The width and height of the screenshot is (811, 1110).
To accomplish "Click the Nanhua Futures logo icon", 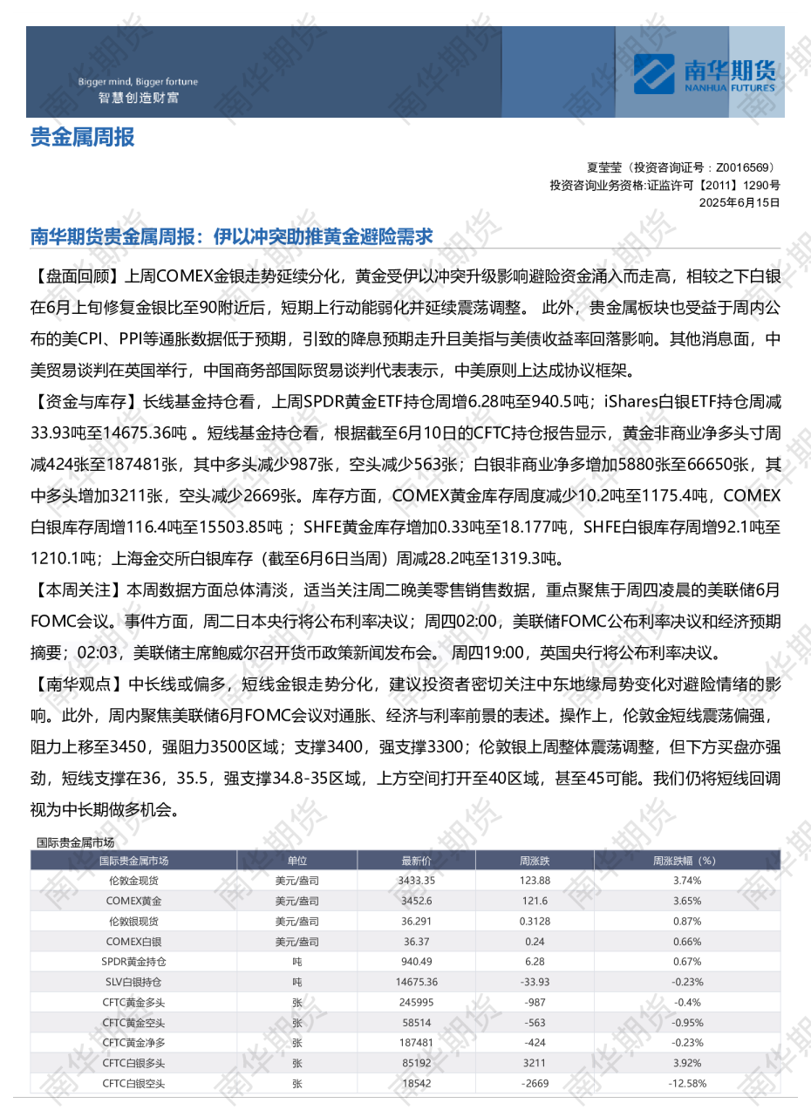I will click(657, 73).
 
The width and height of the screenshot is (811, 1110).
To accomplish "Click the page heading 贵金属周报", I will click(83, 137).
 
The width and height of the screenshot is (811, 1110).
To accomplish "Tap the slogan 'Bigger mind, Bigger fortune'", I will click(138, 82).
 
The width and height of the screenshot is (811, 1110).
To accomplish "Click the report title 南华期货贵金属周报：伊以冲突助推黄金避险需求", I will click(232, 236).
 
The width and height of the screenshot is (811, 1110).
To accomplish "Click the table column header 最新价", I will click(416, 861).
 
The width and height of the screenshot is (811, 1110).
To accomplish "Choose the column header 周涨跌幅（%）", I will click(684, 861).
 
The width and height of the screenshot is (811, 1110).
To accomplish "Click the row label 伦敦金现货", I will click(133, 881).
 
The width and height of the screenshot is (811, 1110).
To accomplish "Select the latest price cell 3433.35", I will click(416, 881).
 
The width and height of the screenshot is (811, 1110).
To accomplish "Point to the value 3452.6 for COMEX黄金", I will click(416, 901).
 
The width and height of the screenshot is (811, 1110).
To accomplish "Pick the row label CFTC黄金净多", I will click(133, 1043).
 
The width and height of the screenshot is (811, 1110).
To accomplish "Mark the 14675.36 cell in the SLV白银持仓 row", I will click(416, 982).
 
